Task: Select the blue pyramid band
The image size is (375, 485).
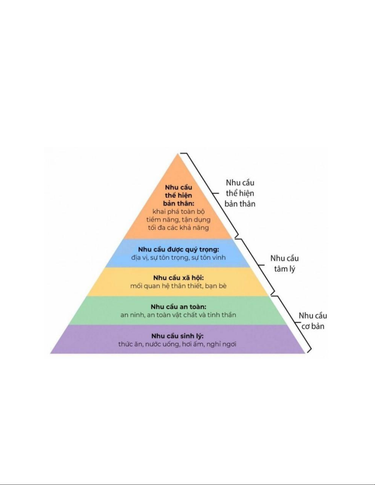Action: [x=178, y=253]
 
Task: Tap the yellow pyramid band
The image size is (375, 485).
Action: [x=178, y=282]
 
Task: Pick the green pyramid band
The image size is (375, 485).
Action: [x=178, y=311]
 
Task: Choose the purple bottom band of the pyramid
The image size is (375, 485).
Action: [x=178, y=339]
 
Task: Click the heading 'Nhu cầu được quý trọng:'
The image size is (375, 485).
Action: [x=178, y=249]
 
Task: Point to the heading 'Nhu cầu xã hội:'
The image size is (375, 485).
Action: [x=178, y=278]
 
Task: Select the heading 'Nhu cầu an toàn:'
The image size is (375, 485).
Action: [x=178, y=307]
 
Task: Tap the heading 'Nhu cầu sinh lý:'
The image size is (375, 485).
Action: [x=178, y=336]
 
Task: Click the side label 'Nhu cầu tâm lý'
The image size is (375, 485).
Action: [x=285, y=264]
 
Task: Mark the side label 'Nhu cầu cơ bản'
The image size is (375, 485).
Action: [x=313, y=321]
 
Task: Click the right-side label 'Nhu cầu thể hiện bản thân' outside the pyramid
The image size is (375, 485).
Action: [x=240, y=193]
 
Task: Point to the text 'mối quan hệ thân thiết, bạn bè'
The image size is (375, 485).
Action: [x=178, y=286]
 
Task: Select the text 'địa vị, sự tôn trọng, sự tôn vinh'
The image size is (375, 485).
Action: [x=178, y=258]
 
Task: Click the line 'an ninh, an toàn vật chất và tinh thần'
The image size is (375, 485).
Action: [x=178, y=315]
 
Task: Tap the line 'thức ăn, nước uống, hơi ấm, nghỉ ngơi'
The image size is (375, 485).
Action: [x=178, y=344]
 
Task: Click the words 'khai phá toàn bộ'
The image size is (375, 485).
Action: [x=178, y=211]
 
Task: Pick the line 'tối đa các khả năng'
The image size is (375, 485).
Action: [x=178, y=228]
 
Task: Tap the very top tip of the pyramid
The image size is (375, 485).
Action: [x=178, y=153]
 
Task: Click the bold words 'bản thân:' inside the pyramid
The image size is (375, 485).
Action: [x=178, y=203]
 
